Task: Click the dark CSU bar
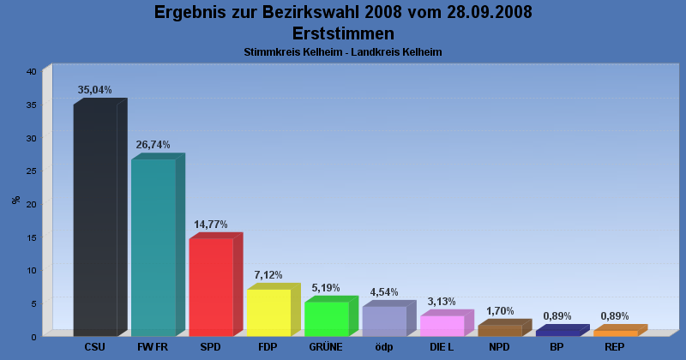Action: [95, 221]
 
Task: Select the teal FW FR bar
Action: [153, 248]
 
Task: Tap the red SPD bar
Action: [211, 287]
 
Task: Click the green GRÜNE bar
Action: [326, 319]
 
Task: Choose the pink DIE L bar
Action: [442, 326]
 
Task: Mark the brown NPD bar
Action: [499, 330]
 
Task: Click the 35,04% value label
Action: [95, 90]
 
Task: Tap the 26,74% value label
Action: [153, 145]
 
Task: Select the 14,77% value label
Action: [211, 225]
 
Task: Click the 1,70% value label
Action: [499, 311]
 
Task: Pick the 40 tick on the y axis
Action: [31, 71]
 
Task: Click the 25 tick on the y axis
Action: [31, 171]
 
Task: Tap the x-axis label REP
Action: [615, 347]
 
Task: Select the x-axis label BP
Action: [557, 347]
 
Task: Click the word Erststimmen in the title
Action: [343, 33]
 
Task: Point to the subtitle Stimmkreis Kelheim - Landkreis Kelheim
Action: [343, 52]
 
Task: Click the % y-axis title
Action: [15, 201]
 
